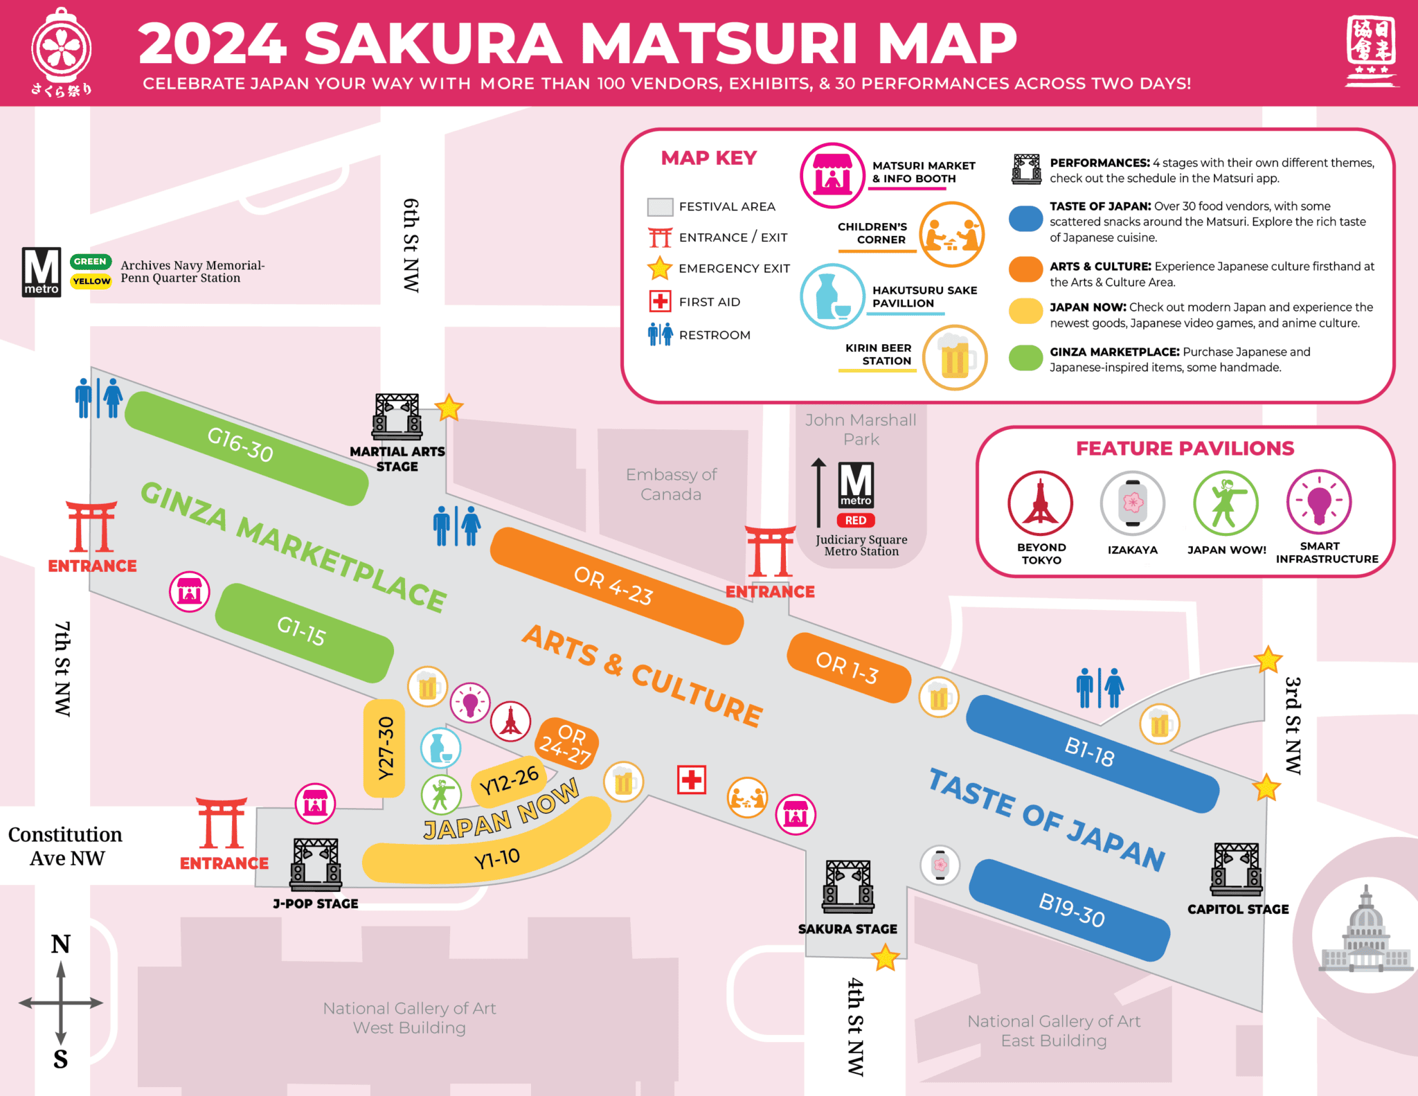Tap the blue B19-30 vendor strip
coord(1070,910)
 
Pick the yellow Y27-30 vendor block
coord(384,748)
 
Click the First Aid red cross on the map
coord(691,780)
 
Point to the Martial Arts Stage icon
coord(397,417)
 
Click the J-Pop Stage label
coord(316,904)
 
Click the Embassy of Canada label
coord(671,484)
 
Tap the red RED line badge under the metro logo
coord(856,520)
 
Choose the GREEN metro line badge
coord(90,262)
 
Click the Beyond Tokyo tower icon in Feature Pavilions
coord(1040,503)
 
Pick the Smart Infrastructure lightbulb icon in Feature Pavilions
coord(1319,502)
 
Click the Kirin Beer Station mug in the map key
coord(955,358)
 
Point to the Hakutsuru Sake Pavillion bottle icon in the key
coord(832,296)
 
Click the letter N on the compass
coord(61,944)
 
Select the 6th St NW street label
coord(411,246)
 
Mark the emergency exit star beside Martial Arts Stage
coord(449,408)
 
